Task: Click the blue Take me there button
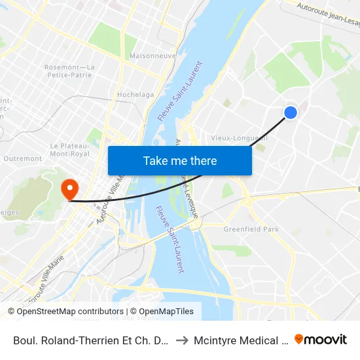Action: [180, 160]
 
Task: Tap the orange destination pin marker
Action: [69, 189]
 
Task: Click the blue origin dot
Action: [291, 113]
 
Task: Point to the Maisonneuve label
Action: [153, 56]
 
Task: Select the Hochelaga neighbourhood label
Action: [135, 95]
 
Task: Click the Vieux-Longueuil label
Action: [240, 138]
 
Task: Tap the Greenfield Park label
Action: [251, 229]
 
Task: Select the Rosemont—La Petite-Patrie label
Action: [69, 71]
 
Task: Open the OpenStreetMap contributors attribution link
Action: [70, 312]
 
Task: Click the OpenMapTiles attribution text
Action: [164, 312]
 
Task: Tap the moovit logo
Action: [321, 339]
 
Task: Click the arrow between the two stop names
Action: [182, 340]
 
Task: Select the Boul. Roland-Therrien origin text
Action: [90, 340]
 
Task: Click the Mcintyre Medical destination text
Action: [240, 340]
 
